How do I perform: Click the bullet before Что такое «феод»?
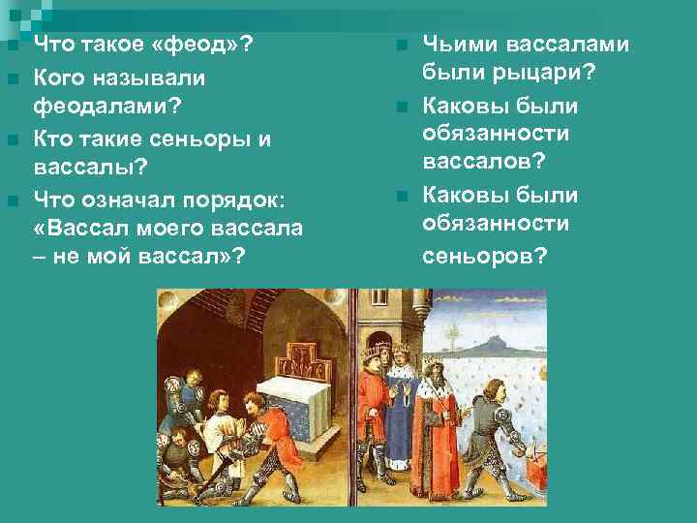pos(12,46)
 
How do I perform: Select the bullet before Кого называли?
pos(12,77)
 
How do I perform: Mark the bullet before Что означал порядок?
pos(12,201)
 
